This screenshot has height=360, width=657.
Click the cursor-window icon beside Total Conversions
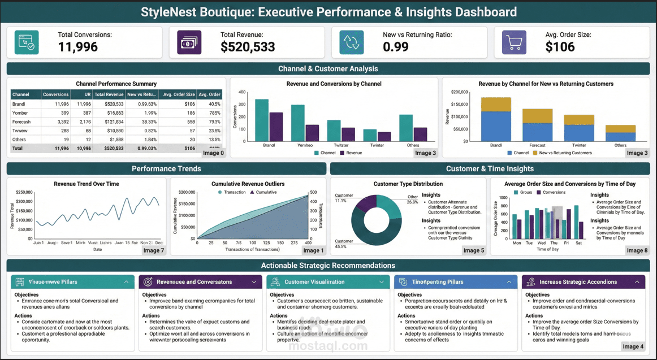27,42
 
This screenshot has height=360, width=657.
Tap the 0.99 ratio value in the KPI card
396,47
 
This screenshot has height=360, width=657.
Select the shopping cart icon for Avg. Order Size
514,42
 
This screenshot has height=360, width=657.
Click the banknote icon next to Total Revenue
189,42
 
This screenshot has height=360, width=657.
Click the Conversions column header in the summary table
56,94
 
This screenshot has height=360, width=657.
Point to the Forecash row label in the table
21,122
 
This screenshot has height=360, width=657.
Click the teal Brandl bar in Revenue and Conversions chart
262,120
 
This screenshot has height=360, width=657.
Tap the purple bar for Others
420,134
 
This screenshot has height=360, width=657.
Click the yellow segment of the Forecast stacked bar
537,116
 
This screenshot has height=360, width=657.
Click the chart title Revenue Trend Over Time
86,184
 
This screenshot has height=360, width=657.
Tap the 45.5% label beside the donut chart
341,246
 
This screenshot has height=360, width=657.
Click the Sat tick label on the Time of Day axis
578,243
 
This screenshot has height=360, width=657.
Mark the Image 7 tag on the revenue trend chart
153,250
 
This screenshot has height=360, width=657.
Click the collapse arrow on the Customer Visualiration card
381,282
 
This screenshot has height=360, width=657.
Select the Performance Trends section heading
166,168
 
